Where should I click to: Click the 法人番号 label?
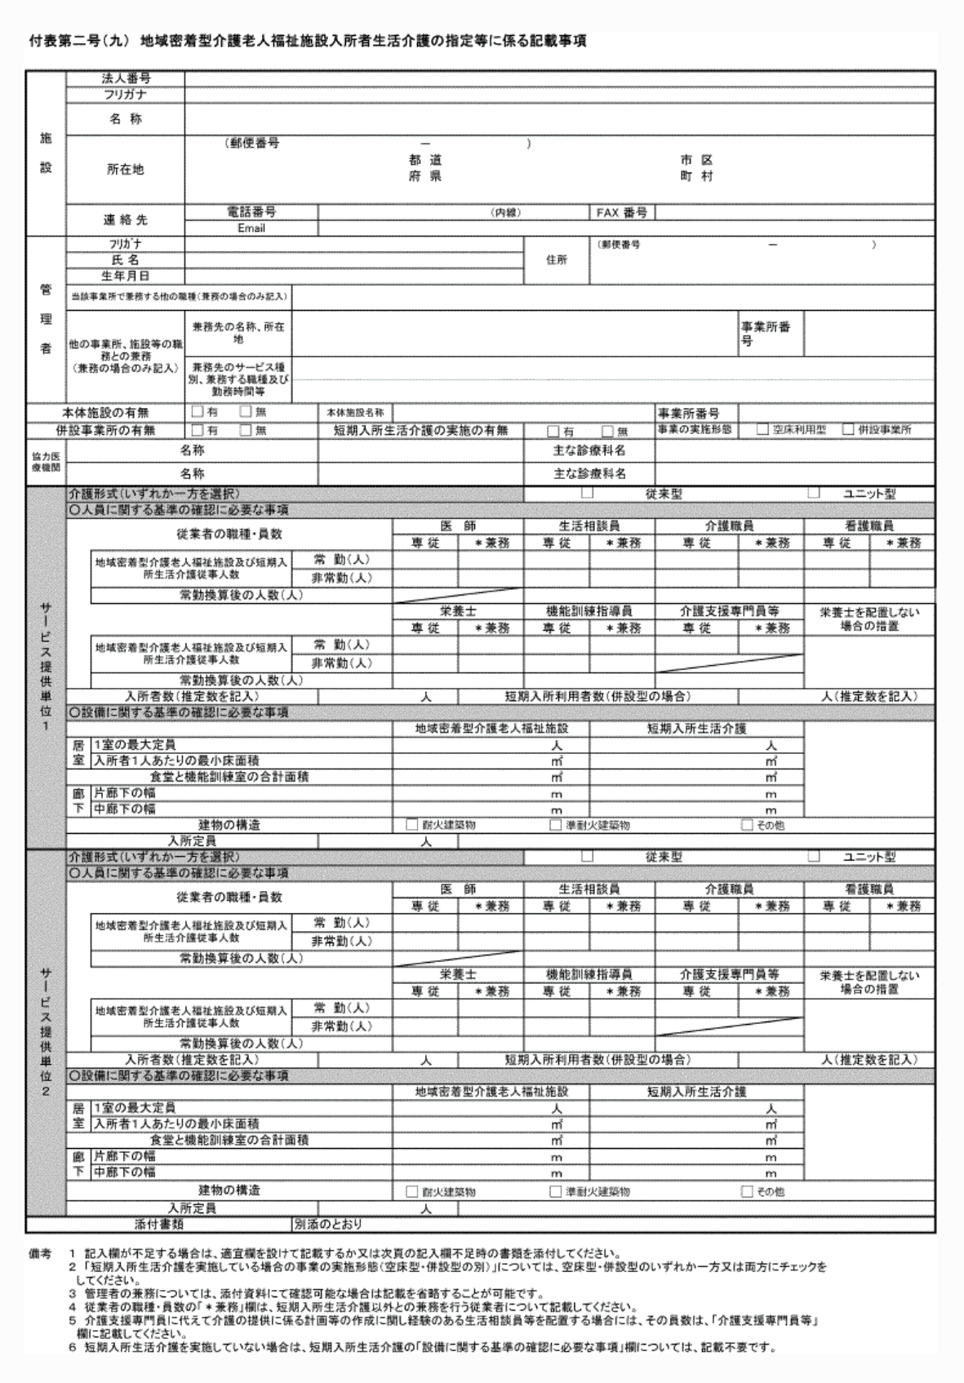click(125, 78)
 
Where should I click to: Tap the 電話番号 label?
click(251, 212)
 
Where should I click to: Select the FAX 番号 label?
click(621, 213)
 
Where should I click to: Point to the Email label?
click(251, 228)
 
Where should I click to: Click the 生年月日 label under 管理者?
click(125, 277)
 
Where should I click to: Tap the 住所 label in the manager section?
click(556, 260)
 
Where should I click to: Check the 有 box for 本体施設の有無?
click(197, 412)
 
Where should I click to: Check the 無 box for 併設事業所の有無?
click(245, 430)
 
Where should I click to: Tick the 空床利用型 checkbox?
click(762, 429)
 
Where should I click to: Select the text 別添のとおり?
click(327, 1224)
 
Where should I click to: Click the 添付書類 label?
click(158, 1224)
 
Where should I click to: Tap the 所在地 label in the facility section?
click(125, 170)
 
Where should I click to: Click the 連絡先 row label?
click(125, 220)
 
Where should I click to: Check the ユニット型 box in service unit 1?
click(813, 493)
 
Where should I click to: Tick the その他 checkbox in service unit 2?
click(746, 1191)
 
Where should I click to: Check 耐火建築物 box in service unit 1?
click(412, 825)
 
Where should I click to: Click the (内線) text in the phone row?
click(505, 213)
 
